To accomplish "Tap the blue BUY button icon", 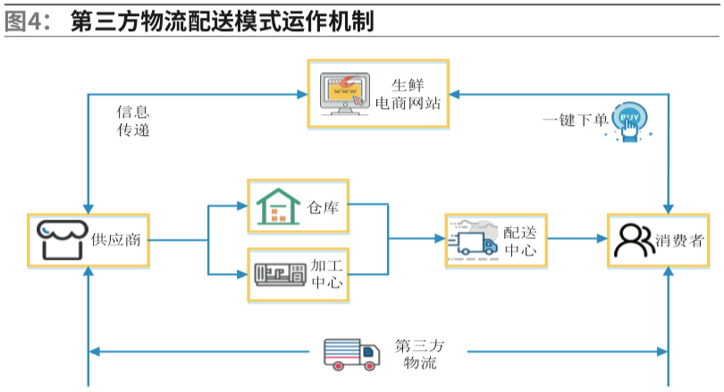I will coord(629,120).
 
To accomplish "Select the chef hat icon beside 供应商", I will coord(62,238).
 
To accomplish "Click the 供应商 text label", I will coord(115,239).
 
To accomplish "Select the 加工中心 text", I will coord(325,273).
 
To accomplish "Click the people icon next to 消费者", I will coord(633,238).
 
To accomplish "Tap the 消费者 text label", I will coord(679,239).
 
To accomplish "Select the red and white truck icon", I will coord(350,354).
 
